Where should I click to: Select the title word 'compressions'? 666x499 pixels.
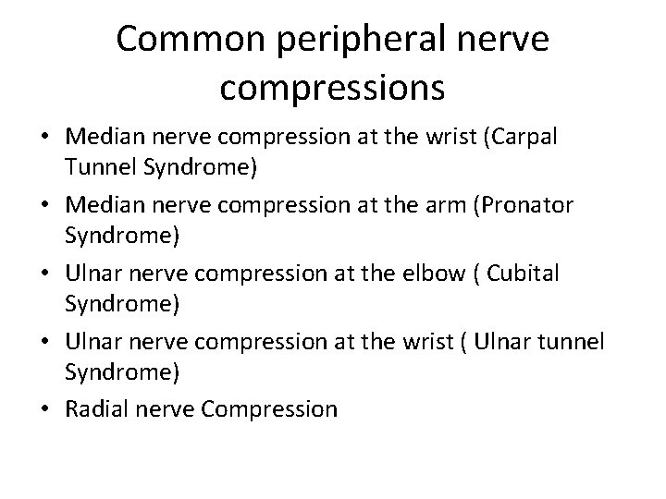point(333,89)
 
